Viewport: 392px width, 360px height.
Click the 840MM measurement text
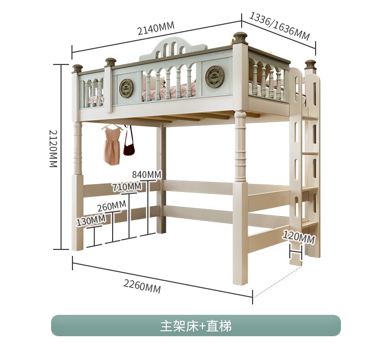click(x=147, y=174)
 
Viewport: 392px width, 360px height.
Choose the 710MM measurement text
click(x=127, y=187)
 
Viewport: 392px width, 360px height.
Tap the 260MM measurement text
click(x=111, y=206)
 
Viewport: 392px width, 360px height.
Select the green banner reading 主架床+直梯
click(x=196, y=326)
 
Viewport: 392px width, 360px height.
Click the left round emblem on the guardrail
click(x=127, y=88)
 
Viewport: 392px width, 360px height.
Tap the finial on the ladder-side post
click(x=310, y=64)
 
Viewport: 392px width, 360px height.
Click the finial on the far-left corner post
click(x=77, y=68)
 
